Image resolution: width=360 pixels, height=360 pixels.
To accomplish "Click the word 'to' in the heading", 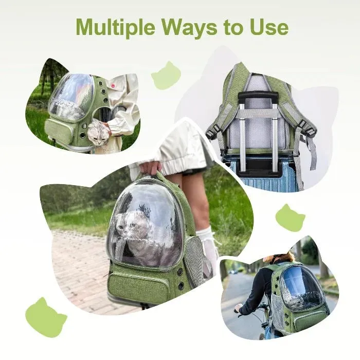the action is click(x=232, y=28).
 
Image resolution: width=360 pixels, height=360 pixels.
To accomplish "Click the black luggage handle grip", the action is click(x=258, y=96).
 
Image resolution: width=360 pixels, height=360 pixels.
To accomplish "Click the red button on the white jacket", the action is click(x=113, y=86).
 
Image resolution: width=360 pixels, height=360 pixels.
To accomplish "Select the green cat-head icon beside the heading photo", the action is click(x=166, y=75).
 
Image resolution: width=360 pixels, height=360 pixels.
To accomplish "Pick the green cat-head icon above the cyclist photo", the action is click(x=290, y=218).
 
